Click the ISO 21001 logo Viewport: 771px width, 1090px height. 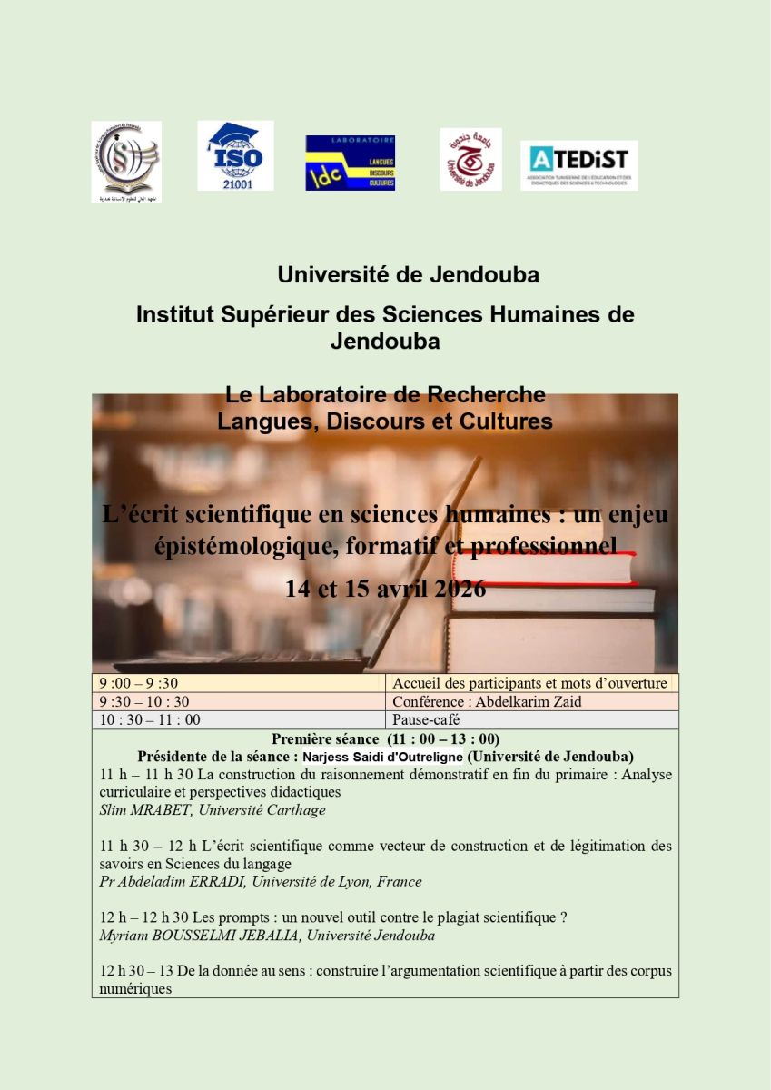click(235, 155)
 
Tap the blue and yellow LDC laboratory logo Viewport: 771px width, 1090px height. click(350, 163)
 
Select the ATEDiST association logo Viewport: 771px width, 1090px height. click(578, 164)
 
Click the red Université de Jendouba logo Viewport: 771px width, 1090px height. click(470, 159)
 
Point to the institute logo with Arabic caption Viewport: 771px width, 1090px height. click(126, 161)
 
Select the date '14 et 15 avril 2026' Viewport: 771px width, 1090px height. click(385, 589)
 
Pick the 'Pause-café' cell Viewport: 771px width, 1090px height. click(426, 719)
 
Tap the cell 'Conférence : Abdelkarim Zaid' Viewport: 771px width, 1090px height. click(487, 701)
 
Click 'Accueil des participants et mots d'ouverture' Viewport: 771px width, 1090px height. click(529, 683)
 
